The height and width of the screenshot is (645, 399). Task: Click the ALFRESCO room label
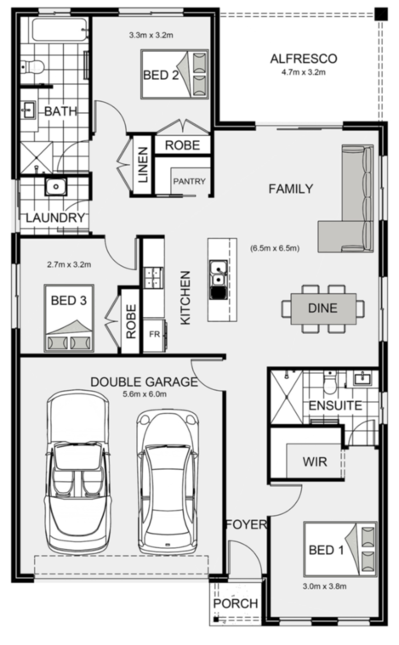coord(304,59)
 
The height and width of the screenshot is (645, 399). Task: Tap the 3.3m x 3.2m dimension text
coord(151,36)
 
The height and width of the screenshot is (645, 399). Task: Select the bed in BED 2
coord(174,75)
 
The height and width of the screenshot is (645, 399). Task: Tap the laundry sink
coord(55,187)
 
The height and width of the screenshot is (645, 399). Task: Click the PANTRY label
coord(189,181)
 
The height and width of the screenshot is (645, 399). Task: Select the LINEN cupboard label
coord(142,165)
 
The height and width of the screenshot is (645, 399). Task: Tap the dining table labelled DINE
coord(323,308)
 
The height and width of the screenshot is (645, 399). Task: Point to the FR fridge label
coord(155,335)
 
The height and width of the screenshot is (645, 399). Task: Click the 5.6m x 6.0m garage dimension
coord(145,394)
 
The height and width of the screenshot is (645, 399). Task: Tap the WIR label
coord(315,461)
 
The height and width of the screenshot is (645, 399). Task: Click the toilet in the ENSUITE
coord(330,382)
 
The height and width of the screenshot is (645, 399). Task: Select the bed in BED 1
coord(340,550)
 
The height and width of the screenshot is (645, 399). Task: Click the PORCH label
coord(236,603)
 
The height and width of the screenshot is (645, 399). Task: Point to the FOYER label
coord(246,524)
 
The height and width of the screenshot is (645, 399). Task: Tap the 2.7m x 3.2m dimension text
coord(69,264)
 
